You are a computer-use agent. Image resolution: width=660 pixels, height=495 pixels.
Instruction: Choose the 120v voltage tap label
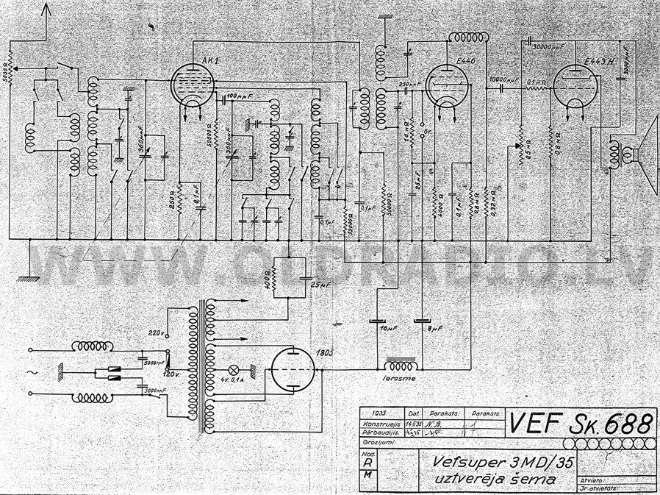pyautogui.click(x=171, y=374)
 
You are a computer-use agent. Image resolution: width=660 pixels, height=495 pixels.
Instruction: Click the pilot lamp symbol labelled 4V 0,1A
pyautogui.click(x=234, y=368)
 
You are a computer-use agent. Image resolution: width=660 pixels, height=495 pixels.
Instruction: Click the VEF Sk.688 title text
pyautogui.click(x=581, y=424)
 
